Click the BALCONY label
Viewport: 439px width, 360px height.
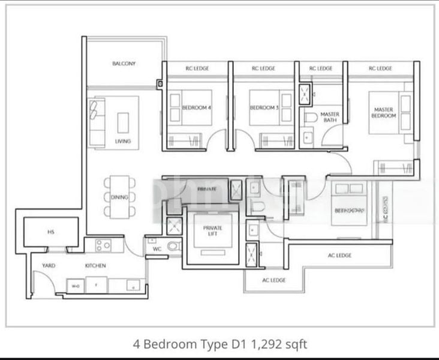(124, 64)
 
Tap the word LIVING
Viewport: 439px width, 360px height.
(122, 142)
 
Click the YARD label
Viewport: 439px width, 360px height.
(49, 265)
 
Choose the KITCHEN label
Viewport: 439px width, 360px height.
(95, 265)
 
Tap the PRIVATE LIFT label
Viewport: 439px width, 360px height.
(213, 232)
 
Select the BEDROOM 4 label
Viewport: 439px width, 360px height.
(196, 108)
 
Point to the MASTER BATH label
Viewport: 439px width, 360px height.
(330, 117)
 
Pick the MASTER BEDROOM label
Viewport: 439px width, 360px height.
(384, 112)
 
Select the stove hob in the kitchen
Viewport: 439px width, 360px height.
(103, 245)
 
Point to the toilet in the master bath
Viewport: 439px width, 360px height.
(310, 118)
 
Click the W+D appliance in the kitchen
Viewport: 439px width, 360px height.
(76, 286)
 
